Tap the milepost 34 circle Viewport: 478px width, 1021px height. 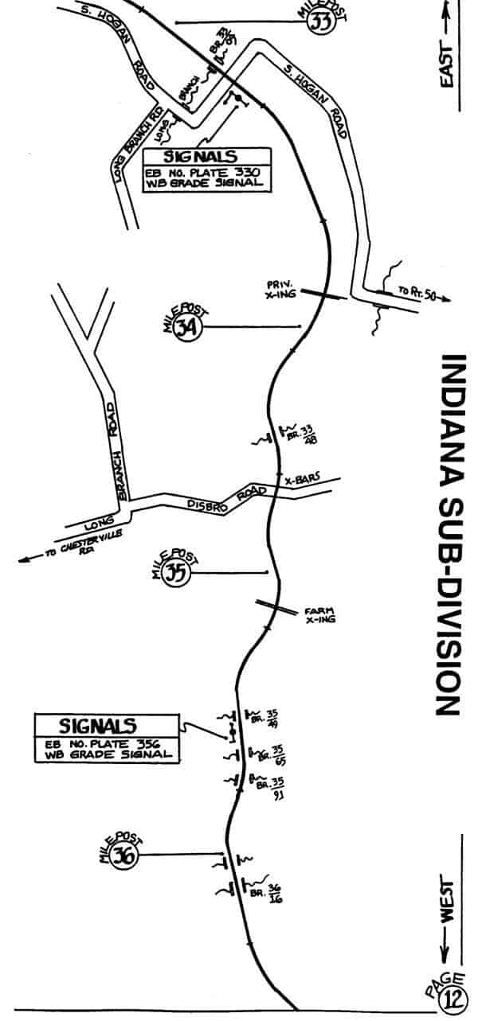[x=186, y=328]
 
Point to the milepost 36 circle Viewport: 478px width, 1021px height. [x=125, y=856]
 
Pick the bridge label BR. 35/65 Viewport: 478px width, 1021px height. [x=276, y=754]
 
